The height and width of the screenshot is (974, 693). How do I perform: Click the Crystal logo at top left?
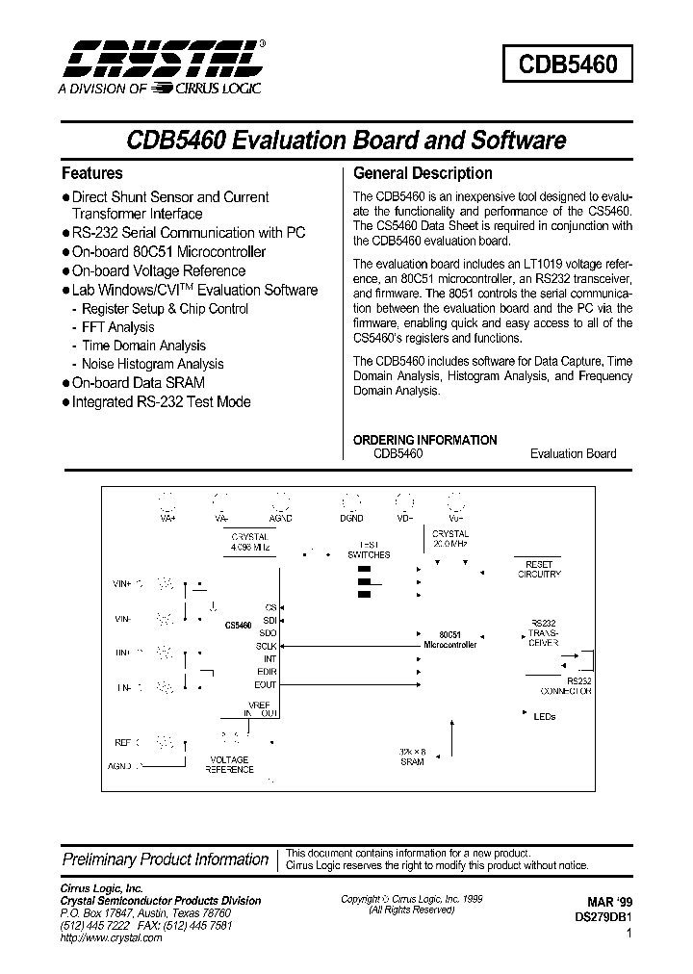coord(160,60)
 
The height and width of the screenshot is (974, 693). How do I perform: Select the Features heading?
coord(92,173)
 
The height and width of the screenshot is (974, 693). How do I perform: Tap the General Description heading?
coord(423,173)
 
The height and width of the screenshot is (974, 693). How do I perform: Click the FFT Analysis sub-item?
coord(117,327)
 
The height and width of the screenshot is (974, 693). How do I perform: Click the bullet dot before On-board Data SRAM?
coord(66,383)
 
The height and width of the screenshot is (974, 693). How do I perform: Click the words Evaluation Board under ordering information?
coord(573,453)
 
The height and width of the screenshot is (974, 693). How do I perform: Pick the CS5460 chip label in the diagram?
coord(238,626)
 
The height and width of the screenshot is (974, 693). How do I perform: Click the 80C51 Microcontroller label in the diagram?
coord(449,639)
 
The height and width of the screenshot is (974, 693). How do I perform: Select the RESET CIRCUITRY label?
coord(539,569)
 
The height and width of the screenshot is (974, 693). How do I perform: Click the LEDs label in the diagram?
coord(544,716)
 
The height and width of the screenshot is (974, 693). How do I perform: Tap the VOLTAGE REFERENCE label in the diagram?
coord(229,764)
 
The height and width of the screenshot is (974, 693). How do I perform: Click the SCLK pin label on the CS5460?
coord(266,646)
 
